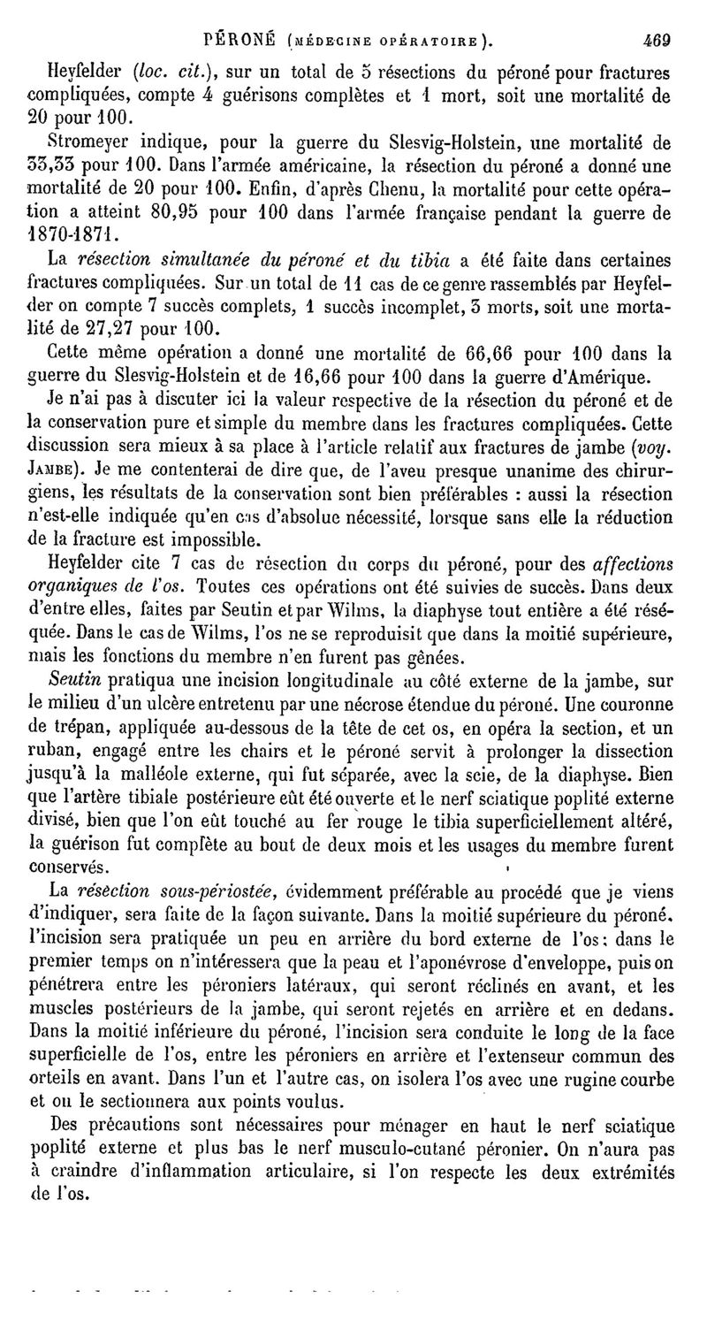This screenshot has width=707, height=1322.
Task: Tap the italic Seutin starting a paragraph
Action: [75, 678]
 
